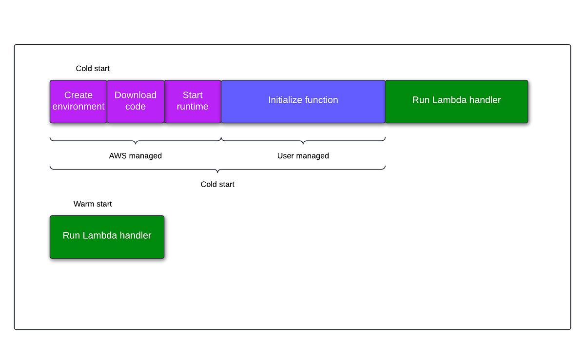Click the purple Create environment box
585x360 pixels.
(78, 101)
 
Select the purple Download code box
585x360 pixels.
(136, 101)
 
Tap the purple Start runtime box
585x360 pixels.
(193, 101)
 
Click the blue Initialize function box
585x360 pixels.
(303, 101)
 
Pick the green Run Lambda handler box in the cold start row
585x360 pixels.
(456, 101)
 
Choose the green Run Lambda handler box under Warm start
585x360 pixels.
(107, 237)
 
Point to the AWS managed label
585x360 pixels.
(135, 156)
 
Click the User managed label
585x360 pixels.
(303, 156)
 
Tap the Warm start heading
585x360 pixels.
(93, 204)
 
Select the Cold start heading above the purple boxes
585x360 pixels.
(93, 69)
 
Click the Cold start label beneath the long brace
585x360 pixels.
(217, 184)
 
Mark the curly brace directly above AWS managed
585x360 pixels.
(135, 141)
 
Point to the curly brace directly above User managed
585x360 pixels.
(303, 141)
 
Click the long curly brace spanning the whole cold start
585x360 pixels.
(217, 169)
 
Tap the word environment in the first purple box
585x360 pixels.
(78, 107)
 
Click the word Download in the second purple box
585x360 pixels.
(136, 95)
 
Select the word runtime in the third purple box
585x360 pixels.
(193, 107)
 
